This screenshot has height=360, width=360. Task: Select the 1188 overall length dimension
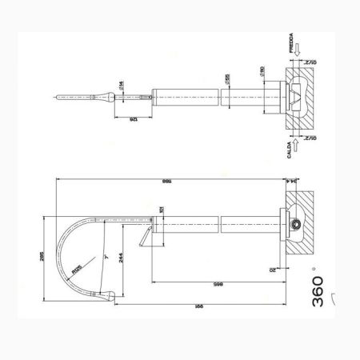pos(166,182)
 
